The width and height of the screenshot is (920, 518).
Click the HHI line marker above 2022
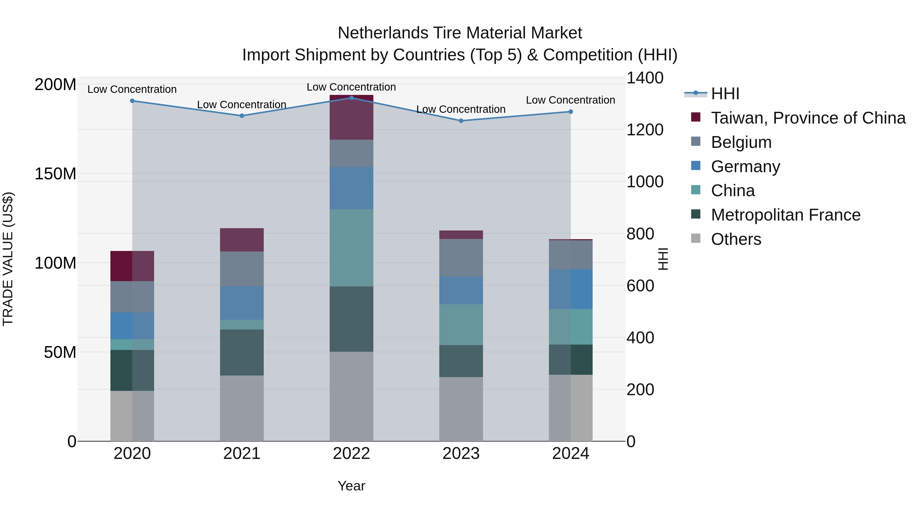(x=351, y=98)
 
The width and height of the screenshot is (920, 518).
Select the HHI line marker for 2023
(x=461, y=121)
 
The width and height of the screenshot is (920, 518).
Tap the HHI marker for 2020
(x=132, y=101)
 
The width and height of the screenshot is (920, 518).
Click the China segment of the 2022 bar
(x=351, y=248)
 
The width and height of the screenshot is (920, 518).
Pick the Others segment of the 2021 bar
(x=242, y=408)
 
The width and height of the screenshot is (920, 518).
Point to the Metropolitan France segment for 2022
(x=351, y=319)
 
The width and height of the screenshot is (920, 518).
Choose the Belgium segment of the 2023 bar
(x=461, y=257)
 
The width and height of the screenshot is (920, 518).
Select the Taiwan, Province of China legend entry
(x=808, y=118)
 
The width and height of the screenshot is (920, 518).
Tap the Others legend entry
(x=736, y=239)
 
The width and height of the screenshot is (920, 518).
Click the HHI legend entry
(x=725, y=94)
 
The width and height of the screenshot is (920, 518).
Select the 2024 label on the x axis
(x=570, y=454)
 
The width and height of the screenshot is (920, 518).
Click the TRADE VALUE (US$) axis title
(x=8, y=259)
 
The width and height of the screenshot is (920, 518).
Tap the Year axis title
(x=351, y=486)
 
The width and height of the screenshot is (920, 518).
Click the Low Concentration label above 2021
(x=242, y=105)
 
